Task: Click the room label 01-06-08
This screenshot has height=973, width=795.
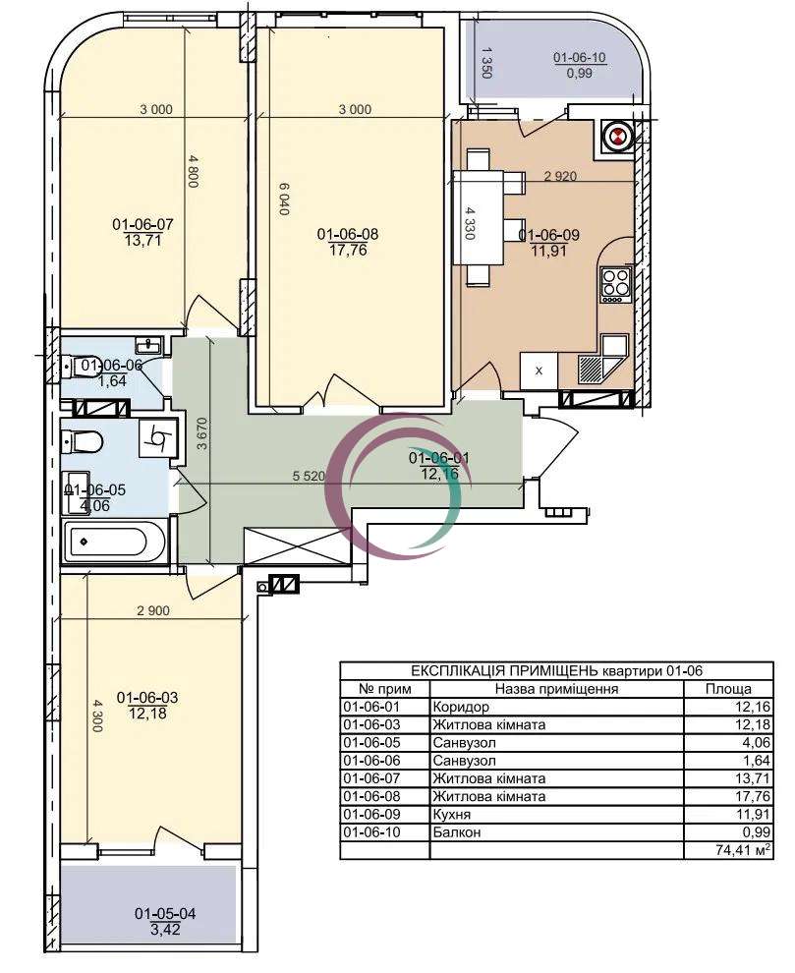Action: point(348,235)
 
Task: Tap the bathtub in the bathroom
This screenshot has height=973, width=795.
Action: point(115,542)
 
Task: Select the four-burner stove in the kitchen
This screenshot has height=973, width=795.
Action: point(614,285)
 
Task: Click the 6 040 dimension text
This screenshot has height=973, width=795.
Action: point(285,199)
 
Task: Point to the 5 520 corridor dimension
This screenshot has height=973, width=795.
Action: point(309,476)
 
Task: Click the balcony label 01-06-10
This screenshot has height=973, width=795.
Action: point(579,58)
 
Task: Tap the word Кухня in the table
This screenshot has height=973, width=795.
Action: point(452,814)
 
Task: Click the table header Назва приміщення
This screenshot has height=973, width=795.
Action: point(556,689)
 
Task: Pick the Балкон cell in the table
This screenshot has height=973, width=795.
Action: point(456,832)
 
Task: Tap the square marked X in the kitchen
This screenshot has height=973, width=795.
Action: point(539,372)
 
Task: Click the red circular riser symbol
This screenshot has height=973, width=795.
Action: point(617,138)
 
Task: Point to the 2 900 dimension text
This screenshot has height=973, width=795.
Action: point(152,610)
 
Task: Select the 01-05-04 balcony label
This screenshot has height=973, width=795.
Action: point(165,913)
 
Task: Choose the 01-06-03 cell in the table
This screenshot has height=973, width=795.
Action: point(371,724)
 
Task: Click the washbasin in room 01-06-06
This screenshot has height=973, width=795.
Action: point(149,343)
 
